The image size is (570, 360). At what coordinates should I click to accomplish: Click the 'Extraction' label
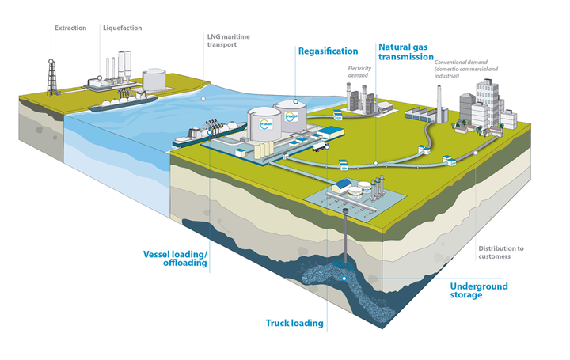[x=70, y=28]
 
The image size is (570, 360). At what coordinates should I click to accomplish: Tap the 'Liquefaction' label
[x=122, y=28]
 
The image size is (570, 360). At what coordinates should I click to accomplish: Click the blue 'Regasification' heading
[x=328, y=51]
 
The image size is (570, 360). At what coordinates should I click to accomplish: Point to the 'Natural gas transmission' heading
[x=405, y=51]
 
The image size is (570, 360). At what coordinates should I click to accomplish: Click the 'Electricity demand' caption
[x=360, y=73]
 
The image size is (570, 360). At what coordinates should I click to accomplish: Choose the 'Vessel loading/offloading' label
[x=175, y=259]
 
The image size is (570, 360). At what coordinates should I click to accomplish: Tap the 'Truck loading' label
[x=293, y=323]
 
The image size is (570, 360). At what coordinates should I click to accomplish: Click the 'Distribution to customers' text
[x=500, y=252]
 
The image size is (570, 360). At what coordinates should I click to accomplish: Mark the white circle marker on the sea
[x=203, y=98]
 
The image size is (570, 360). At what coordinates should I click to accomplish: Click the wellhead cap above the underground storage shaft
[x=346, y=204]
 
